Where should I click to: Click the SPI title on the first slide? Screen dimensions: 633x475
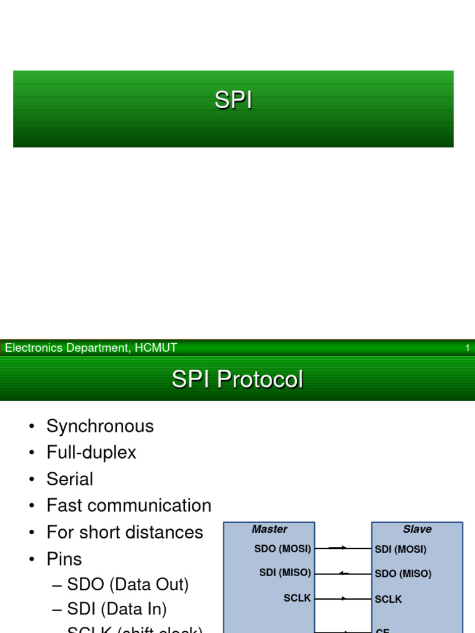tap(233, 100)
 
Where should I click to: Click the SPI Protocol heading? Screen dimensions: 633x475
tap(237, 379)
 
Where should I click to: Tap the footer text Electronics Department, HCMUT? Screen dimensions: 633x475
tap(91, 348)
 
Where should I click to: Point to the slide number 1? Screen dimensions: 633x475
tap(468, 348)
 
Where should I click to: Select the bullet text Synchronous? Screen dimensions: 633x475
tap(100, 426)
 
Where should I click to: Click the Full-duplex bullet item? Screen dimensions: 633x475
tap(92, 452)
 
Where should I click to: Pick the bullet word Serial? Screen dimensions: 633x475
tap(70, 479)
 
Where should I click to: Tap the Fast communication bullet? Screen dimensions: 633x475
tap(129, 506)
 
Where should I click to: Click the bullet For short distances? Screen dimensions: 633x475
tap(125, 532)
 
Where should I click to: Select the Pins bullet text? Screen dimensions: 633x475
tap(64, 559)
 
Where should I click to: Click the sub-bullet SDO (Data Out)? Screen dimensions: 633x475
tap(128, 584)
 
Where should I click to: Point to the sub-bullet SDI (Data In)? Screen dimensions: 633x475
tap(117, 609)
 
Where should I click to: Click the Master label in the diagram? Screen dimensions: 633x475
tap(270, 529)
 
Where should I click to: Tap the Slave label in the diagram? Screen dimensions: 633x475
tap(417, 529)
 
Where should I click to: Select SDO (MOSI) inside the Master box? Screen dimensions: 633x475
tap(283, 548)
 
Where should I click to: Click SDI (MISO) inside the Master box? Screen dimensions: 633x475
tap(285, 573)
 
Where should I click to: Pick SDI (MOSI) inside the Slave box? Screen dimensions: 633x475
tap(401, 549)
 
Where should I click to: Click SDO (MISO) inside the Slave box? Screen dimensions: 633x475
tap(403, 574)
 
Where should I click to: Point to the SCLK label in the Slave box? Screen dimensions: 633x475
tap(388, 599)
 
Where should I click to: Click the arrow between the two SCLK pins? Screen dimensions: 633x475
tap(343, 598)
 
